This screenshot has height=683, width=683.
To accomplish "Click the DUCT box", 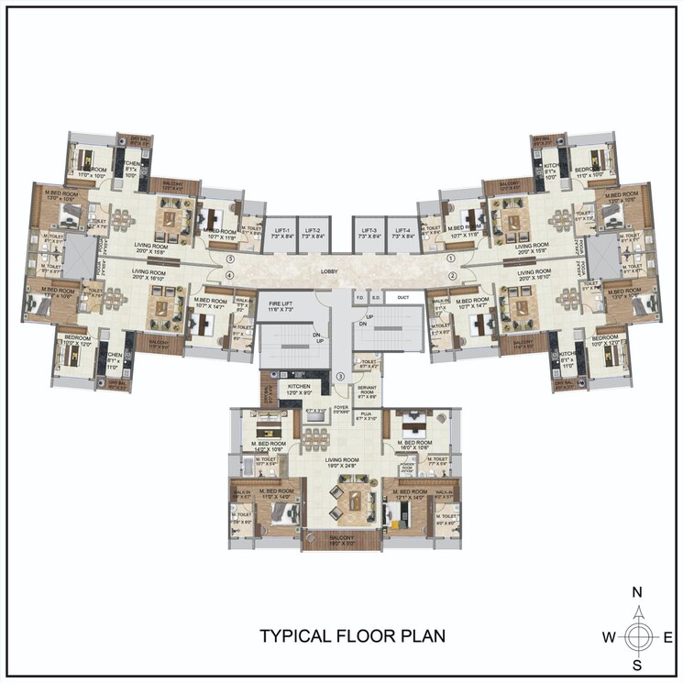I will point(402,297).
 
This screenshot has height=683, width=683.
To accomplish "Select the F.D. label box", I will point(360,297).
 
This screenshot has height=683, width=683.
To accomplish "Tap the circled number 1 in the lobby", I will point(450,259).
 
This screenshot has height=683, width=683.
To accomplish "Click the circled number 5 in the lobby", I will point(231,259).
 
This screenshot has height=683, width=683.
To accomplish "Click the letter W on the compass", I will point(608,636).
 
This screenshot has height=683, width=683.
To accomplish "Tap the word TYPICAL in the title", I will point(294,636).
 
